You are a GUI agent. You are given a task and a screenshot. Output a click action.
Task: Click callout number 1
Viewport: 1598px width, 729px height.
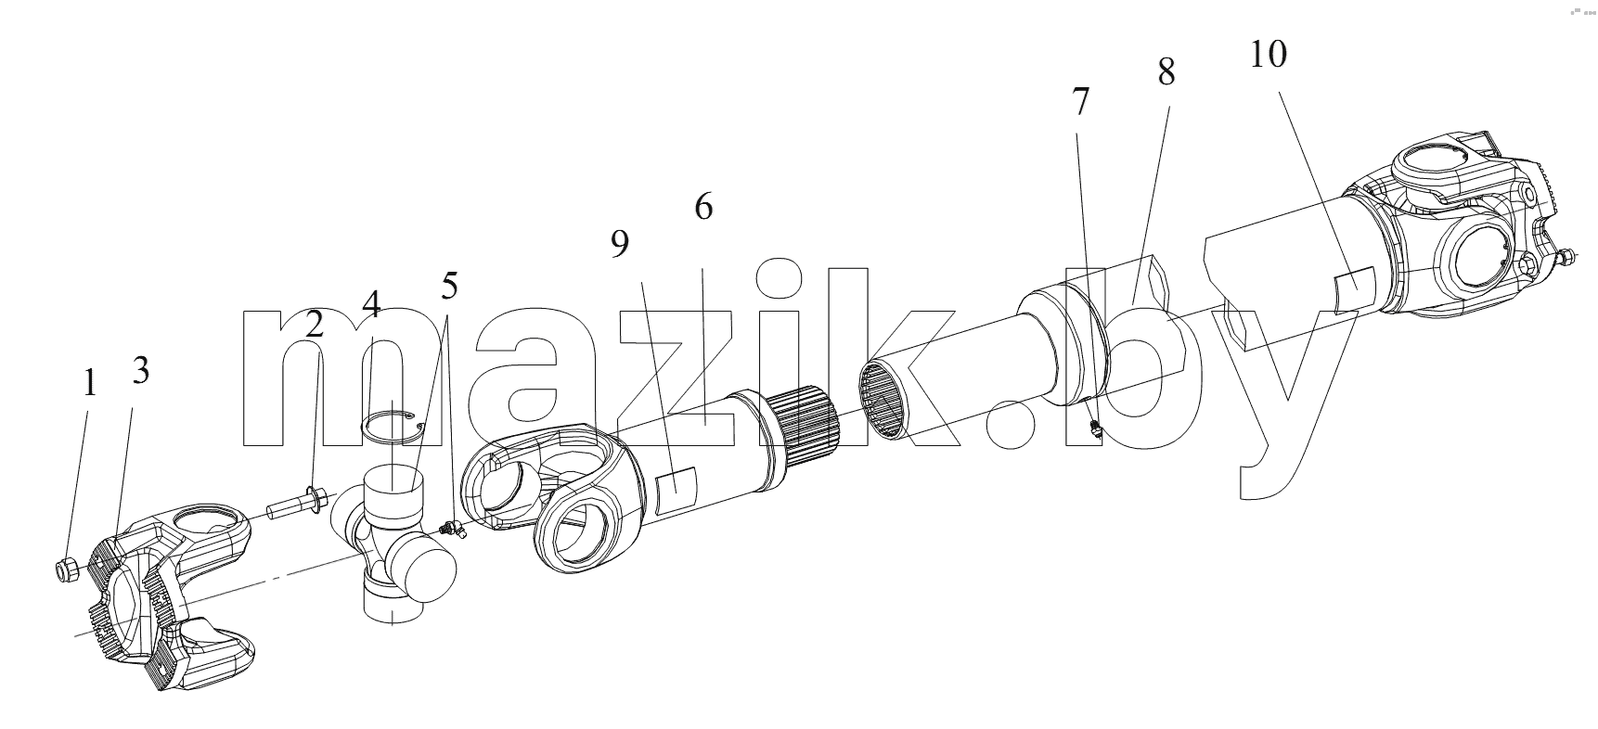coord(89,382)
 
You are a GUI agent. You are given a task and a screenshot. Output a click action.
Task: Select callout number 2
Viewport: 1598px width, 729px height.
coord(316,324)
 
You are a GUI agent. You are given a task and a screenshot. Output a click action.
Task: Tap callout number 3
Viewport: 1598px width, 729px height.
coord(140,370)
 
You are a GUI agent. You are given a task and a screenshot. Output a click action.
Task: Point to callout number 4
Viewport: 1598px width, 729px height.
coord(371,303)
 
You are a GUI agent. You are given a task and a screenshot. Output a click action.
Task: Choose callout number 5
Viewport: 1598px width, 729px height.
coord(449,286)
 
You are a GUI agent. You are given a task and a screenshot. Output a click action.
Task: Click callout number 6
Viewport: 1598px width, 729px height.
coord(703,207)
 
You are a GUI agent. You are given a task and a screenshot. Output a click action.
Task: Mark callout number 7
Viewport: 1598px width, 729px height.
coord(1079,102)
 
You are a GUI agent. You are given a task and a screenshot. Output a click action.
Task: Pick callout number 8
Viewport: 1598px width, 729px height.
coord(1166,71)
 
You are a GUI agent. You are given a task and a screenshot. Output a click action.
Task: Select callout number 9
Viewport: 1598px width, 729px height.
coord(620,244)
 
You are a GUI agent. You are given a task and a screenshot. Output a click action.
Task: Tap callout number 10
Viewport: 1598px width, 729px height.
coord(1269,55)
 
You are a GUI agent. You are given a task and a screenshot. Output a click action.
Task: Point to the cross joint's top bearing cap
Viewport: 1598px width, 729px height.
coord(393,487)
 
